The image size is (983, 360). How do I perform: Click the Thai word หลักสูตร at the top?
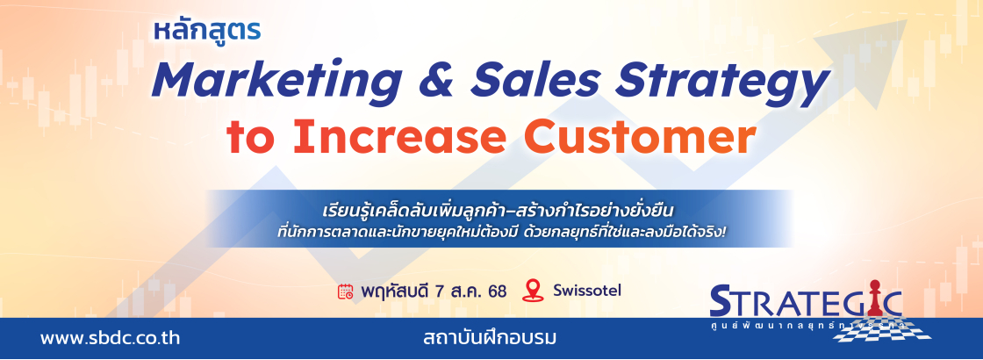pyautogui.click(x=207, y=31)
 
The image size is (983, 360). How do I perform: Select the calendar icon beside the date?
pyautogui.click(x=346, y=292)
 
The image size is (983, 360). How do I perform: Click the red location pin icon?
pyautogui.click(x=532, y=291)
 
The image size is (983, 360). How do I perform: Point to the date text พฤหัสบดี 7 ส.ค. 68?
pyautogui.click(x=434, y=292)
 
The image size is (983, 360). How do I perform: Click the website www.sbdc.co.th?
pyautogui.click(x=111, y=339)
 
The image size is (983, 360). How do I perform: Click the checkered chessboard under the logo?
pyautogui.click(x=883, y=328)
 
